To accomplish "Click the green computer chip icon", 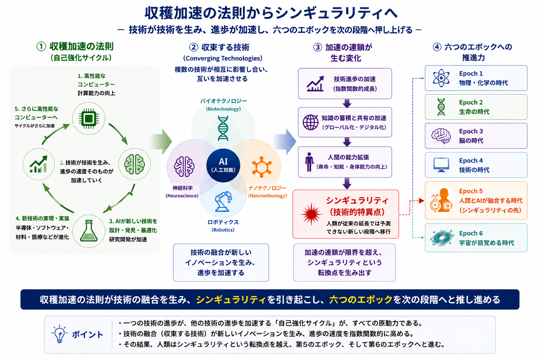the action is [x=89, y=118].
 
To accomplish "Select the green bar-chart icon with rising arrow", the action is [x=39, y=164].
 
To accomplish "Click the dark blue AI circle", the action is [x=223, y=165].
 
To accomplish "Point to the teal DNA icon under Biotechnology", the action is [x=223, y=128].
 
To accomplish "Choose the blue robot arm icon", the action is [x=223, y=202].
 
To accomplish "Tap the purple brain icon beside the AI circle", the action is [x=184, y=167].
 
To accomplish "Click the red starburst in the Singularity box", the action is [x=311, y=214].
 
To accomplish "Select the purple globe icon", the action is [x=310, y=122].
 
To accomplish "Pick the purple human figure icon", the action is [x=309, y=162].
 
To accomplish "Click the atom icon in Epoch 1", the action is [x=441, y=78].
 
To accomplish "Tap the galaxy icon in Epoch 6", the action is [x=441, y=238].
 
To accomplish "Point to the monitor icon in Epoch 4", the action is [x=441, y=165].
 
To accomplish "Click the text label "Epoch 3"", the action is [x=471, y=131].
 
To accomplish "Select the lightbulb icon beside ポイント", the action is [x=59, y=334].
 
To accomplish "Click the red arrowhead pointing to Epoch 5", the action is [x=422, y=201].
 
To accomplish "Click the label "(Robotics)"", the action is [x=223, y=230].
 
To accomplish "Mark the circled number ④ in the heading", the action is [x=437, y=47].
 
